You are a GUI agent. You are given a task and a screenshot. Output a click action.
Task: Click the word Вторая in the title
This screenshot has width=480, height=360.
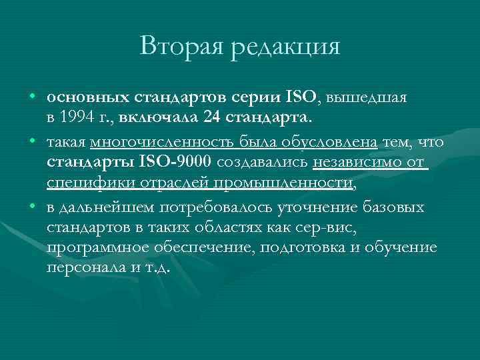coord(179,46)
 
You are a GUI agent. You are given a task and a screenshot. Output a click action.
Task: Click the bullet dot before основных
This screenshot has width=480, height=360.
coord(32,97)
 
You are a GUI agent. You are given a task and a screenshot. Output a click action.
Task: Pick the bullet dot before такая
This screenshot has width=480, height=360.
coord(32,142)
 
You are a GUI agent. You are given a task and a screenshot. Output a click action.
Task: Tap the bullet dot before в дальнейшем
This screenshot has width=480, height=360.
coord(32,207)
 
